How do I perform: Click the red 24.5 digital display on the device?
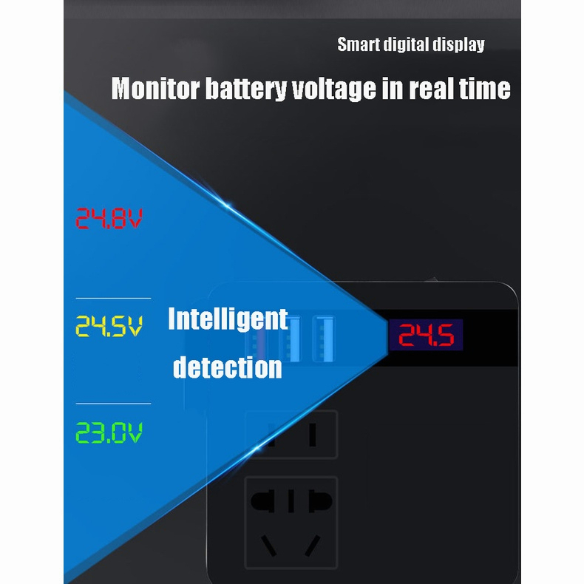click(x=426, y=336)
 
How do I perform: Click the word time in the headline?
click(x=484, y=89)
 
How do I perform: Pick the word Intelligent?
click(x=228, y=319)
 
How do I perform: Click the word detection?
click(x=228, y=367)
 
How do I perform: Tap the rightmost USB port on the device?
click(x=322, y=339)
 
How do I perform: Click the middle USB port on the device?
click(x=294, y=339)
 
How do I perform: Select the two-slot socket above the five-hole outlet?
click(x=291, y=435)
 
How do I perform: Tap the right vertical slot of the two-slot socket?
click(x=313, y=435)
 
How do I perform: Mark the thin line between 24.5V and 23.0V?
click(x=113, y=404)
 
